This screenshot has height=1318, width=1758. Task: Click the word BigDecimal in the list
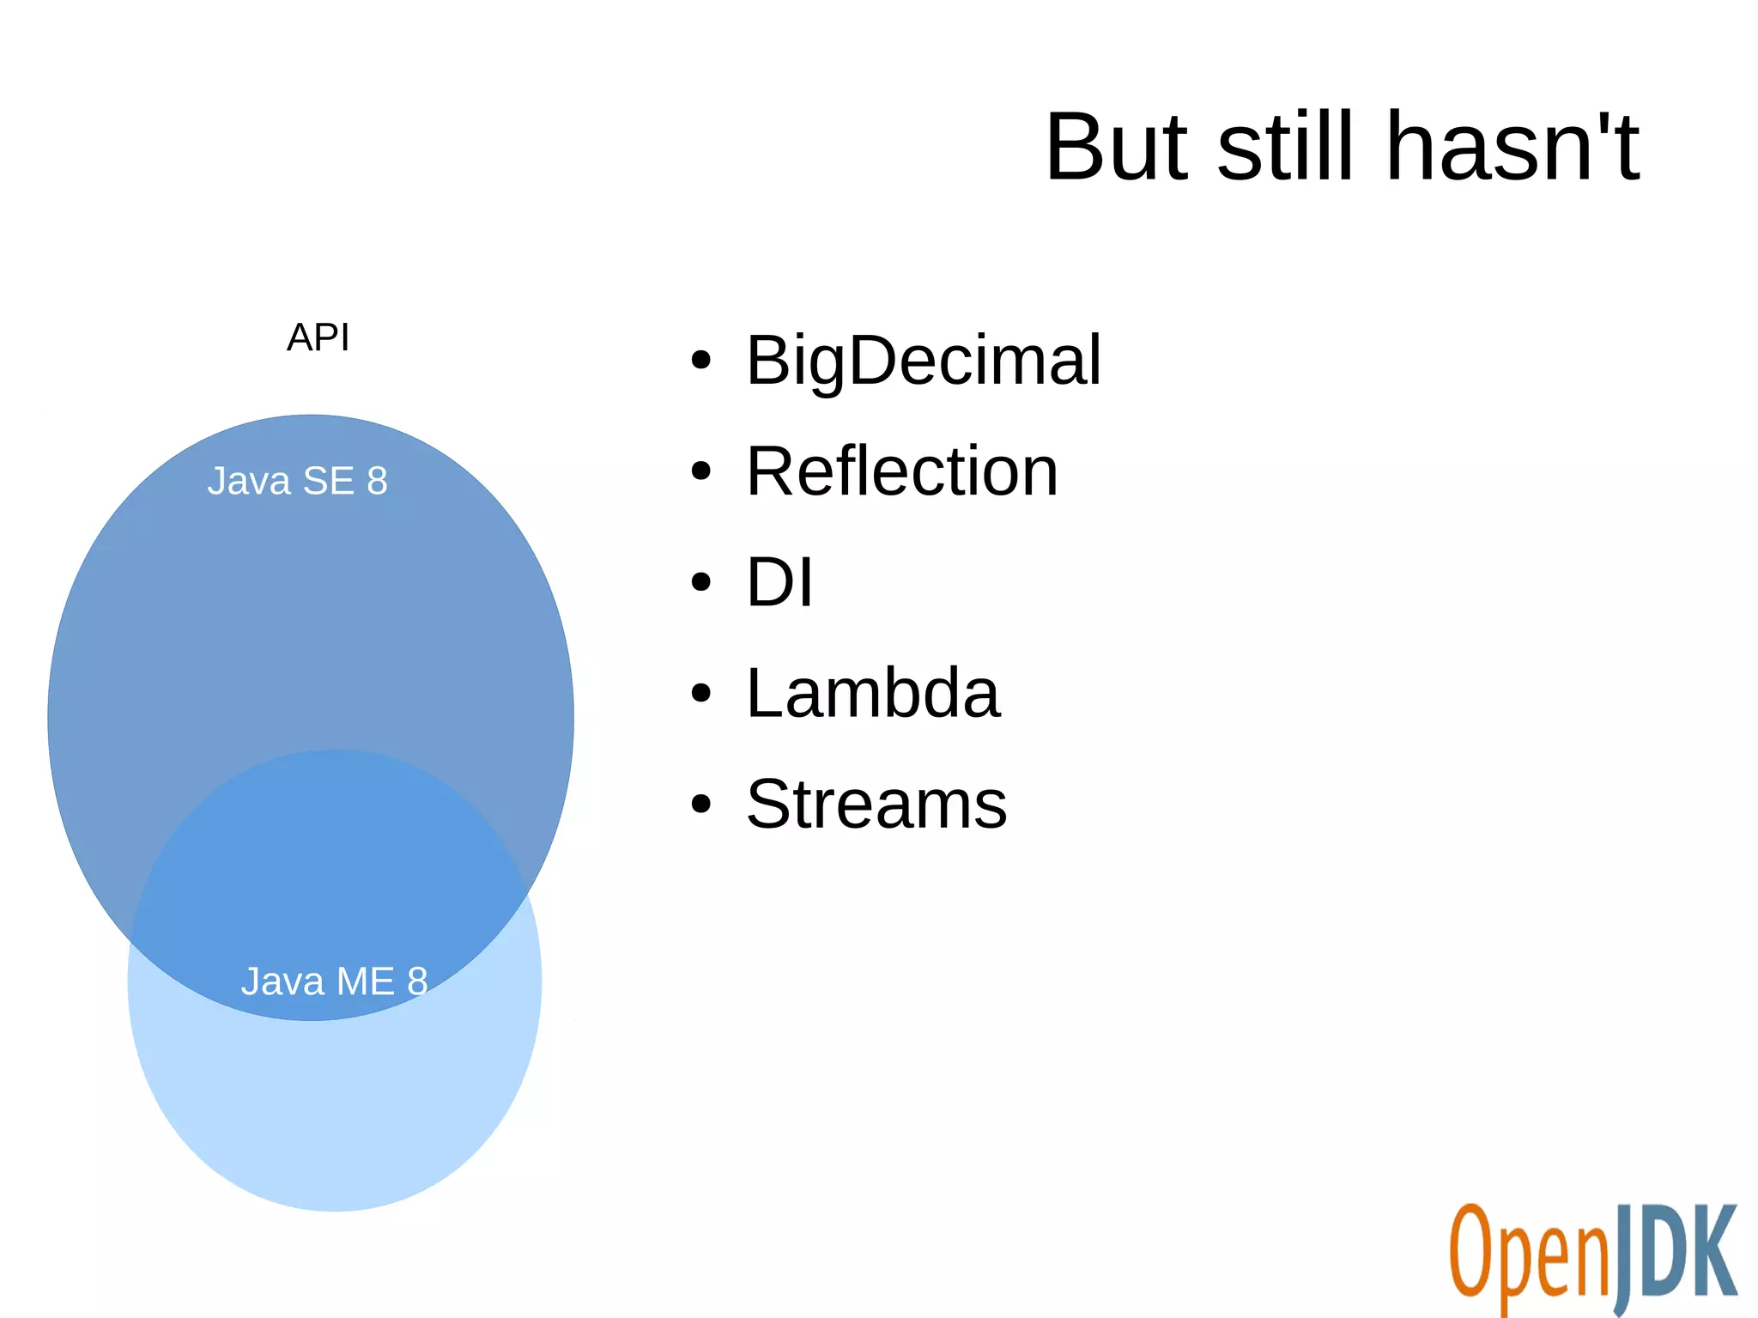[x=923, y=361]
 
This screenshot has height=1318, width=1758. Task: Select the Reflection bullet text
[x=901, y=471]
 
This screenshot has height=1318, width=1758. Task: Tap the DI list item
[x=779, y=582]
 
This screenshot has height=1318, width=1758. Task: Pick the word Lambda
[x=872, y=693]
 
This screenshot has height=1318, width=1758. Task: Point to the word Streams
[x=876, y=805]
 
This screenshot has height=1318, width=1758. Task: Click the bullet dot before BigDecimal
[x=701, y=361]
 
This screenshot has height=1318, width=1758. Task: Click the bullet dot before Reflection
[x=701, y=471]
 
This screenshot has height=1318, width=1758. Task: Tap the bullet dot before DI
[x=701, y=582]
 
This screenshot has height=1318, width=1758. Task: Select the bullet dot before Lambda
[x=701, y=693]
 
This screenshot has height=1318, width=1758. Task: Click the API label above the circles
[x=318, y=337]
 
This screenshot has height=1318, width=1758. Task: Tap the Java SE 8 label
[x=297, y=481]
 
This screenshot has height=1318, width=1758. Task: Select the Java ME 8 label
[x=334, y=981]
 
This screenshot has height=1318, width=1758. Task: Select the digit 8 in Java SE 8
[x=377, y=481]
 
